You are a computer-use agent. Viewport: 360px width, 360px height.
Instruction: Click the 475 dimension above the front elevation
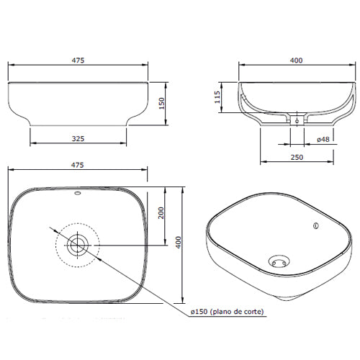coord(78,60)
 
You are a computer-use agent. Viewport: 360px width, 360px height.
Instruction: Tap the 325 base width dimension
coord(78,138)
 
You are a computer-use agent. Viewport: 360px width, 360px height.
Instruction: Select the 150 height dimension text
coord(162,103)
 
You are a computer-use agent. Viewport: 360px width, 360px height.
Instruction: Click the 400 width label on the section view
coord(296,60)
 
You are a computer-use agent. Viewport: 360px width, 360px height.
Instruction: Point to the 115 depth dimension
coord(217,97)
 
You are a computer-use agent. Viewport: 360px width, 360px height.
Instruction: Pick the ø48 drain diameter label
coord(323,139)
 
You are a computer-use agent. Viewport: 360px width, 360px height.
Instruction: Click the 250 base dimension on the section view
coord(297,157)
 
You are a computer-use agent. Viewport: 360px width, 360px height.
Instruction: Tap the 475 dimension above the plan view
coord(77,165)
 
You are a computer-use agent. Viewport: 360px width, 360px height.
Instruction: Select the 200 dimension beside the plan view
coord(161,212)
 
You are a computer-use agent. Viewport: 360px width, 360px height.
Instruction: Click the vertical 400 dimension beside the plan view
coord(179,242)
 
